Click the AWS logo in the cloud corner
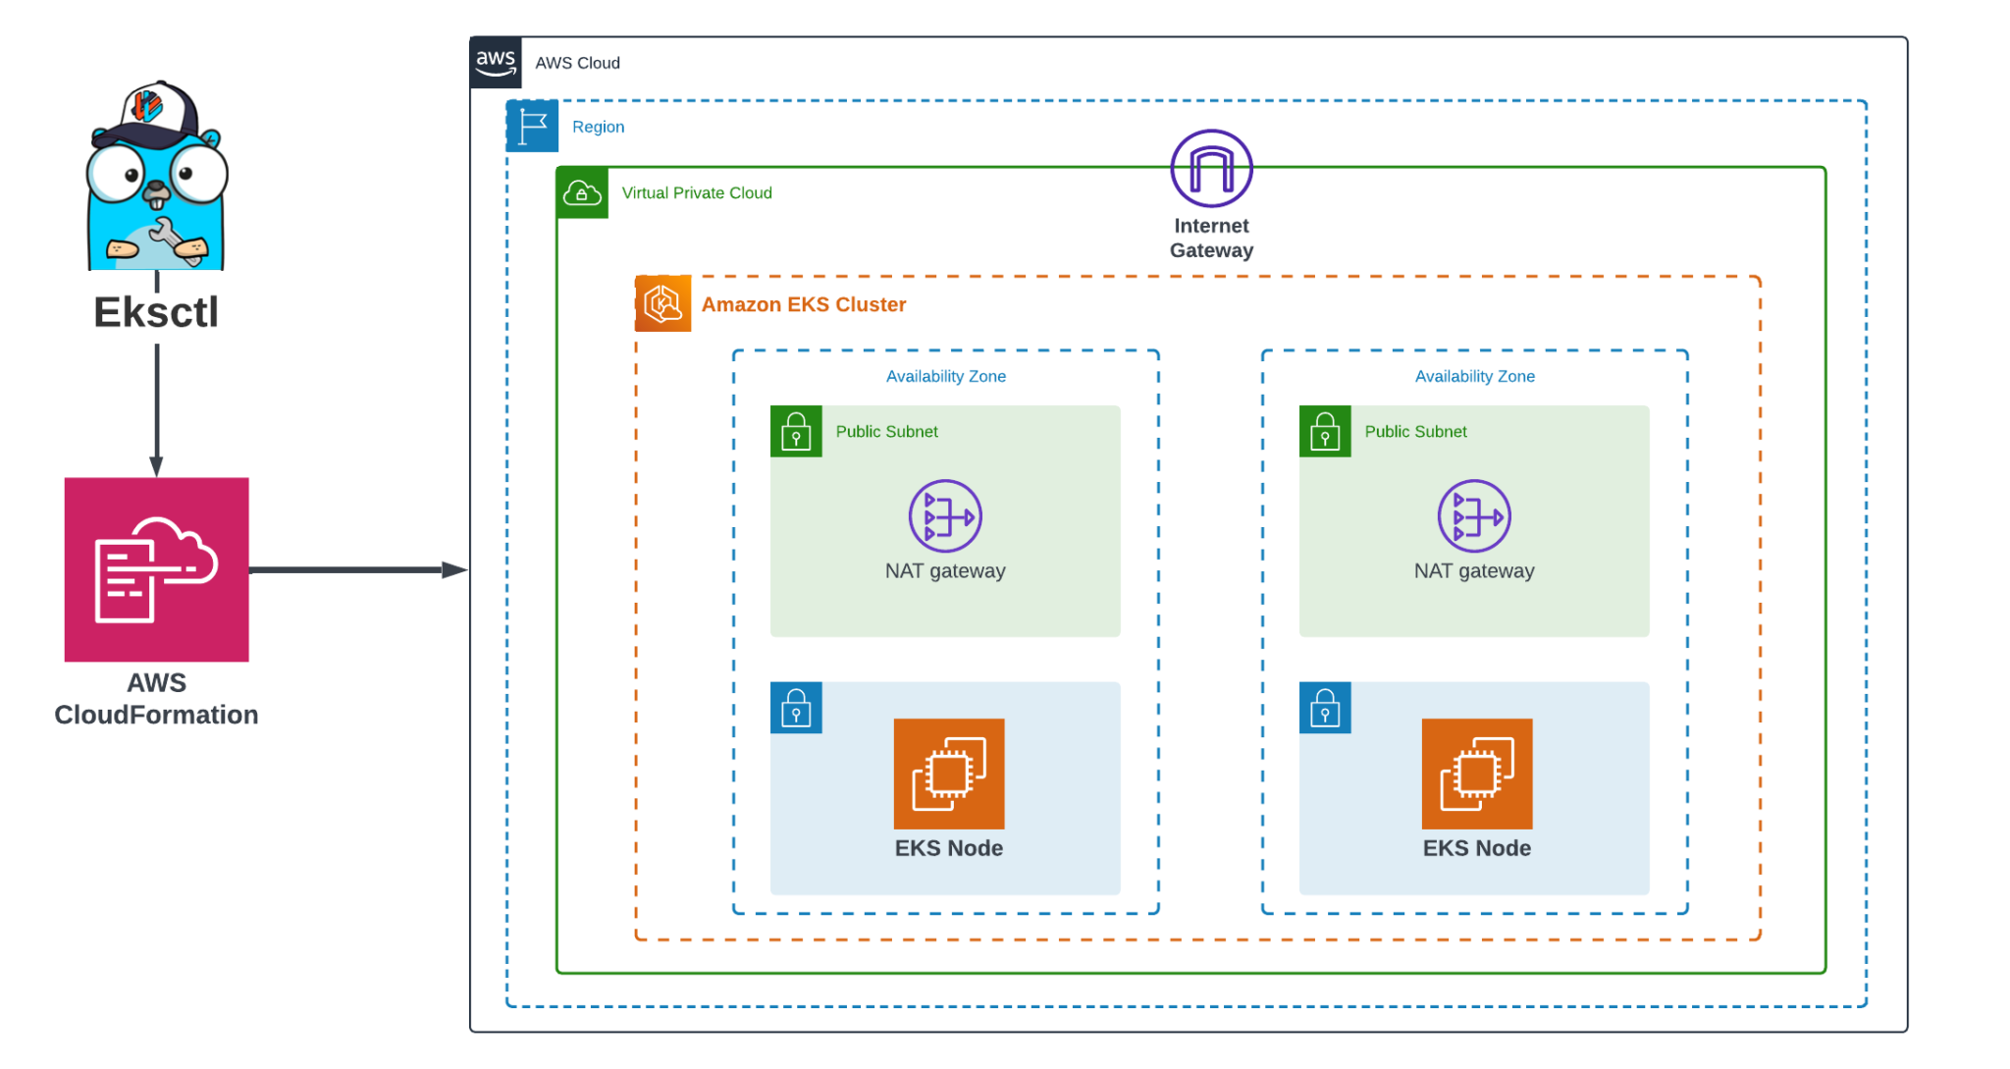(495, 63)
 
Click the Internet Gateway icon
(1211, 169)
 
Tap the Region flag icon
(532, 127)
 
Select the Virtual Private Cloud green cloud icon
(582, 192)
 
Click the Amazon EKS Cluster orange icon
(662, 303)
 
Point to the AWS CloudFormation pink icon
(156, 569)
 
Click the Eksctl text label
(156, 312)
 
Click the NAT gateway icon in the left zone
(944, 516)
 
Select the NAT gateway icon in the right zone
(1473, 516)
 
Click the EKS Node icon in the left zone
(948, 774)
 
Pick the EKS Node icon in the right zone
(1476, 774)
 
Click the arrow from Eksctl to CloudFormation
(156, 407)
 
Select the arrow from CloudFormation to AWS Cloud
(358, 569)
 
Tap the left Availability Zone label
(945, 376)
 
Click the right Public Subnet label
(1414, 431)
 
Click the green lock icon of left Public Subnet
(796, 431)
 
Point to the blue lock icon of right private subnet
(1324, 708)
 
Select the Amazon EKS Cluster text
(803, 304)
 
